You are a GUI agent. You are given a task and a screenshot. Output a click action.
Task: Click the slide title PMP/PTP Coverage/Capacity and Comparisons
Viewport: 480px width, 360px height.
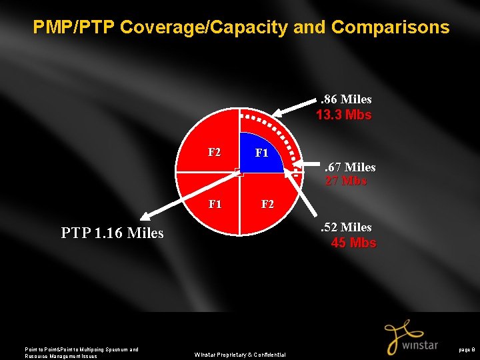tap(241, 27)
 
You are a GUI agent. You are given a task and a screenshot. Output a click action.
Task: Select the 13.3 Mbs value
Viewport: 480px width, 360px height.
tap(343, 115)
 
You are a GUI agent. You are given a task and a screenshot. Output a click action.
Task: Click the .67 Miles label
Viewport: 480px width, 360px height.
tap(349, 167)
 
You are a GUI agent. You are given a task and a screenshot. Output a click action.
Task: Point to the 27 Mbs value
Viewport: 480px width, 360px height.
tap(345, 181)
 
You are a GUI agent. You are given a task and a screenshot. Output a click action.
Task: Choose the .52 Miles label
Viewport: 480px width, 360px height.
tap(346, 227)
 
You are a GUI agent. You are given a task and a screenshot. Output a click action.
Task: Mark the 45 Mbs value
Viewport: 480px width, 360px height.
tap(353, 243)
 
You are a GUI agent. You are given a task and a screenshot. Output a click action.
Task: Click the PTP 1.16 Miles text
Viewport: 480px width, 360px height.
tap(112, 233)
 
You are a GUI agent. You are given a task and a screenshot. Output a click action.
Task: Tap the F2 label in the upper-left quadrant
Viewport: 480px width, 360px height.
tap(214, 152)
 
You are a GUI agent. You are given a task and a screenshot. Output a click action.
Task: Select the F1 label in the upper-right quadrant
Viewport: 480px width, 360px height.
tap(261, 153)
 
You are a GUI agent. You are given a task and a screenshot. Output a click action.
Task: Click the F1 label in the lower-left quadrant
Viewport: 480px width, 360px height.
tap(214, 204)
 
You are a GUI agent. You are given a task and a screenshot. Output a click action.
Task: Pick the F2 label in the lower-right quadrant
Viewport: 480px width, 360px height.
tap(267, 204)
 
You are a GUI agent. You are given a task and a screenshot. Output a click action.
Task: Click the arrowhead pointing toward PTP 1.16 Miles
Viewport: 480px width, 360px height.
tap(145, 216)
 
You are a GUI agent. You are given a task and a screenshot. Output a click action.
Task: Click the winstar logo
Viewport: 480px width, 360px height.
tap(410, 338)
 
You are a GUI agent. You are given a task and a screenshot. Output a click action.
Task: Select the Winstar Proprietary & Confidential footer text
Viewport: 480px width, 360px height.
tap(240, 355)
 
